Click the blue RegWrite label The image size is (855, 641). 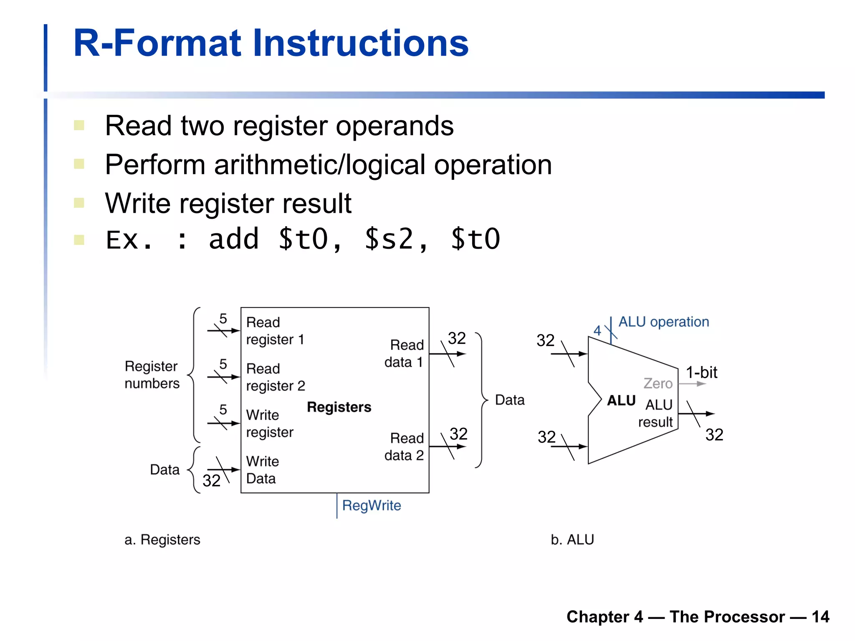click(x=371, y=505)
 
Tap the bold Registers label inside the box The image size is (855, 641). click(x=339, y=407)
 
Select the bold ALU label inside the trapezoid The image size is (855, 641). click(x=621, y=401)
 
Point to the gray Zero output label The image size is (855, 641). click(x=658, y=383)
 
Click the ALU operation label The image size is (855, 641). click(x=663, y=322)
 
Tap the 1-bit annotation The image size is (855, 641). click(x=701, y=372)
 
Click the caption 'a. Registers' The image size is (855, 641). click(x=162, y=540)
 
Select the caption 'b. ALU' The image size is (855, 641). click(x=572, y=540)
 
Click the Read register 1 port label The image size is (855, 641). click(x=275, y=331)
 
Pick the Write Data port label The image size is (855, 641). click(x=262, y=470)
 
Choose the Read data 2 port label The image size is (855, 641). click(x=404, y=447)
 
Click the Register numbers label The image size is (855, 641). click(x=152, y=375)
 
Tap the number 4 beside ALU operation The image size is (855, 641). click(x=597, y=331)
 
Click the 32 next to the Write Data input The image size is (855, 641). click(x=211, y=481)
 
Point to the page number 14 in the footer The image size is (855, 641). click(x=820, y=617)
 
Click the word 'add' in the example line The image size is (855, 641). click(x=234, y=239)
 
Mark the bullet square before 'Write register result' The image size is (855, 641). click(x=79, y=203)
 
